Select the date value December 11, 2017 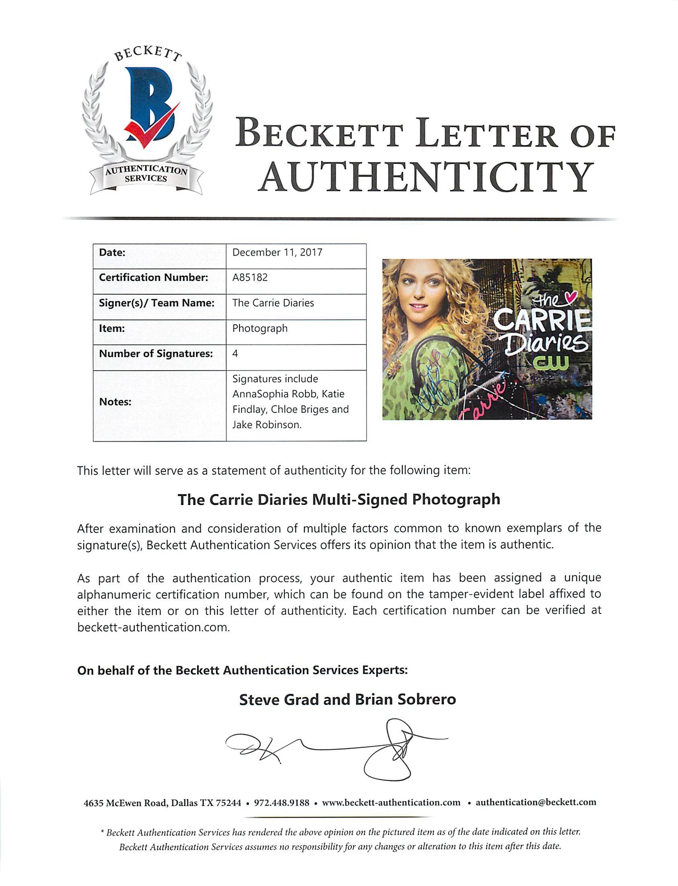click(277, 252)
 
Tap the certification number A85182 click(250, 278)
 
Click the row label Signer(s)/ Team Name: click(156, 303)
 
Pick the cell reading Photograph click(260, 328)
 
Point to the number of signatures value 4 click(235, 353)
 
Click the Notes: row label click(115, 401)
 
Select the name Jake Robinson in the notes click(266, 424)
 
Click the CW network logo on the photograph click(550, 361)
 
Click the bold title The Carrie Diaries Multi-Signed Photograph click(339, 500)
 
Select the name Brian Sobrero click(405, 700)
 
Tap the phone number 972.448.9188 click(282, 803)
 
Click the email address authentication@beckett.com click(536, 802)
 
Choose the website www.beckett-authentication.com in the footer click(391, 803)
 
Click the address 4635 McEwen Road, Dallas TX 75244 click(162, 803)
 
